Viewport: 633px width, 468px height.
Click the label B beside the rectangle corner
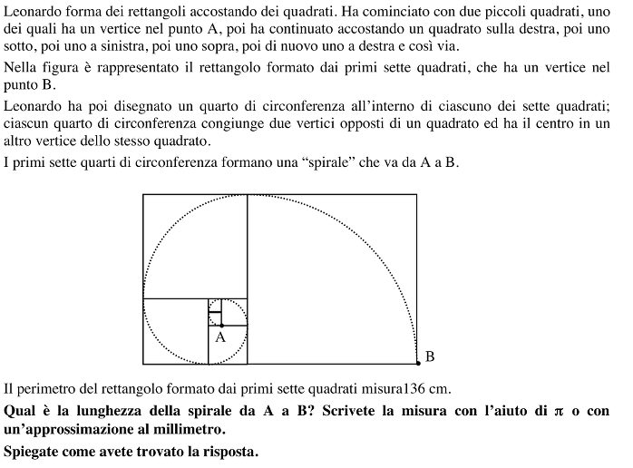pos(430,356)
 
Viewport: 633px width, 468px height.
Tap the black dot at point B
pos(417,363)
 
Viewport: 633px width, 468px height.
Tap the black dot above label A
pos(222,325)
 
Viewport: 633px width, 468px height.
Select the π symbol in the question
pos(558,411)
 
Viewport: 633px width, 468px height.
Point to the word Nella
pos(23,68)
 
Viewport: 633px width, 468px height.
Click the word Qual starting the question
pos(21,411)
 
